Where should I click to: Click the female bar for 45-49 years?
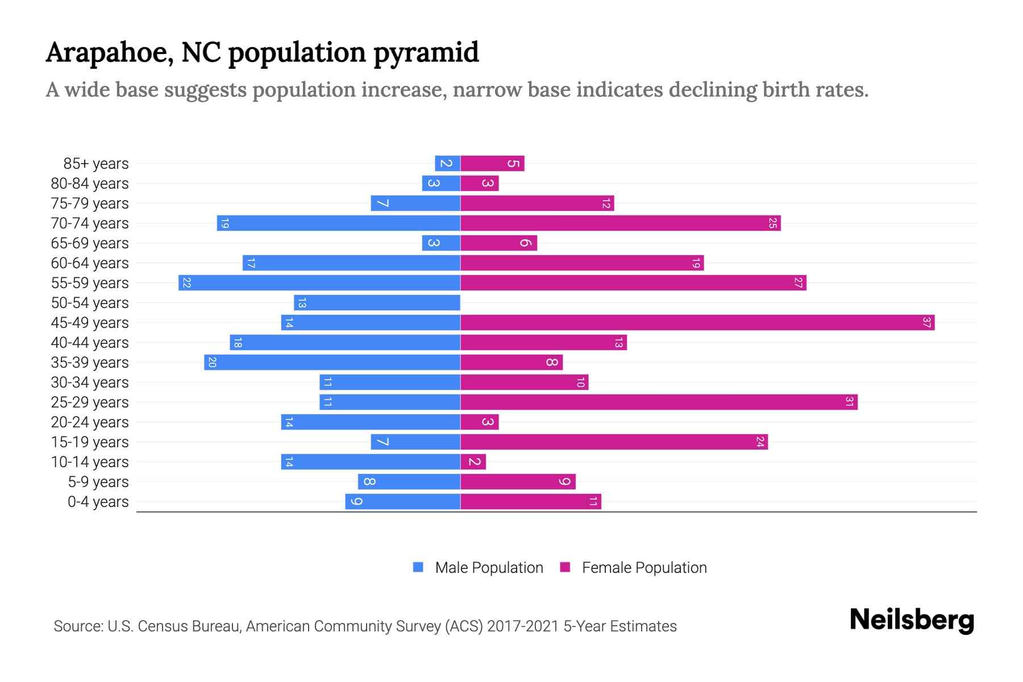[697, 323]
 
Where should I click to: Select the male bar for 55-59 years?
[319, 283]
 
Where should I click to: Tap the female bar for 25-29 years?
[659, 402]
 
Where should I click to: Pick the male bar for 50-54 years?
[377, 303]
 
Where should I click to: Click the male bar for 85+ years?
[447, 164]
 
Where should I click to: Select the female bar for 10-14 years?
[473, 462]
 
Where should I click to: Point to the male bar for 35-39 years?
[332, 363]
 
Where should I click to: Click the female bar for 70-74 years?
[620, 223]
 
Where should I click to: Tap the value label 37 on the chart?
[926, 323]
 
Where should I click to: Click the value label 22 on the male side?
[186, 283]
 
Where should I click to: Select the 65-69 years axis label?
[90, 243]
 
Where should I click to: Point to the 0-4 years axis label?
[98, 502]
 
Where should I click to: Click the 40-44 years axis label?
[90, 343]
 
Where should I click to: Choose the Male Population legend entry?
[489, 568]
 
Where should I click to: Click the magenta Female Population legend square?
[565, 567]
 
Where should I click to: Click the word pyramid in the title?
[426, 52]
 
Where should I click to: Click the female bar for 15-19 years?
[614, 442]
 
